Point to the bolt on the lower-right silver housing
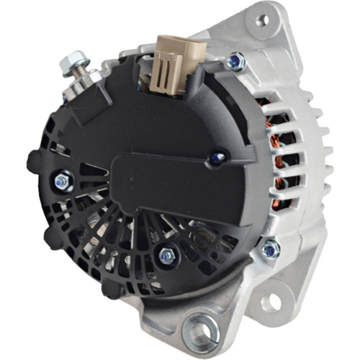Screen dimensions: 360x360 click(x=270, y=249)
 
